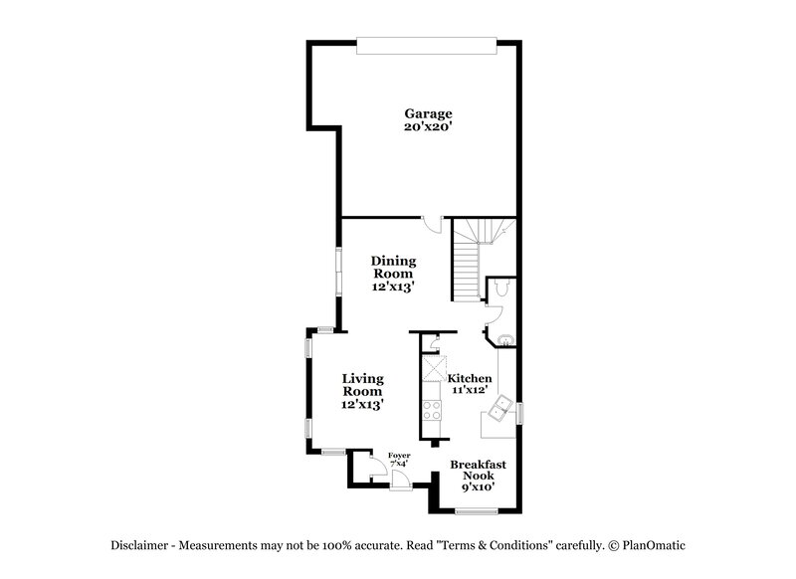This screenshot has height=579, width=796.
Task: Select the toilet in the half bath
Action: coord(502,288)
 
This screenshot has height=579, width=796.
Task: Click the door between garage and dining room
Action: coord(430,223)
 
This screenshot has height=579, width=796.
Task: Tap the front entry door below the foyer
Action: coord(401,480)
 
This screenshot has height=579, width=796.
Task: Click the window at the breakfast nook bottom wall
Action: coord(476,511)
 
